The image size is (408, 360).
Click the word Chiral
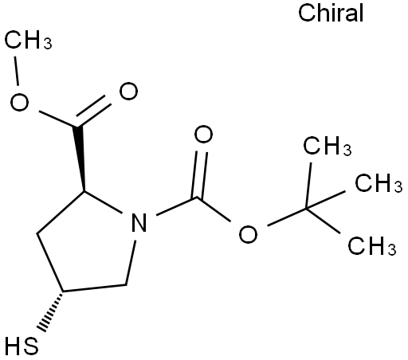[x=331, y=13]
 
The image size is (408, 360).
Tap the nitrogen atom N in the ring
[x=139, y=222]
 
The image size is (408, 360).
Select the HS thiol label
[x=22, y=346]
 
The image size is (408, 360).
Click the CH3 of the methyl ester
[x=28, y=40]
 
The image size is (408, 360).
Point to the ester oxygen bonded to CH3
[x=19, y=102]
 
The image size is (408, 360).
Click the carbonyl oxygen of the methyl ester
[x=128, y=91]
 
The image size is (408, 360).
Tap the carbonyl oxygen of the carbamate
[x=203, y=135]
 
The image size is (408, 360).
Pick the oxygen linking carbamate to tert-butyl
[x=248, y=234]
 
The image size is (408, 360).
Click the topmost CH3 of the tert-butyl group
[x=328, y=146]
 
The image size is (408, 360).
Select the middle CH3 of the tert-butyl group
[x=379, y=183]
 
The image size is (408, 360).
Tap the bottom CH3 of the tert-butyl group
[x=372, y=246]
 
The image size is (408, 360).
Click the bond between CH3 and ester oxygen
[x=16, y=71]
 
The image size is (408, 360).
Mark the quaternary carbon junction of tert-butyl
[x=306, y=209]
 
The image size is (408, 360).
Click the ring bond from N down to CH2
[x=131, y=263]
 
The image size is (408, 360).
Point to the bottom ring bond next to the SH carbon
[x=94, y=288]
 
